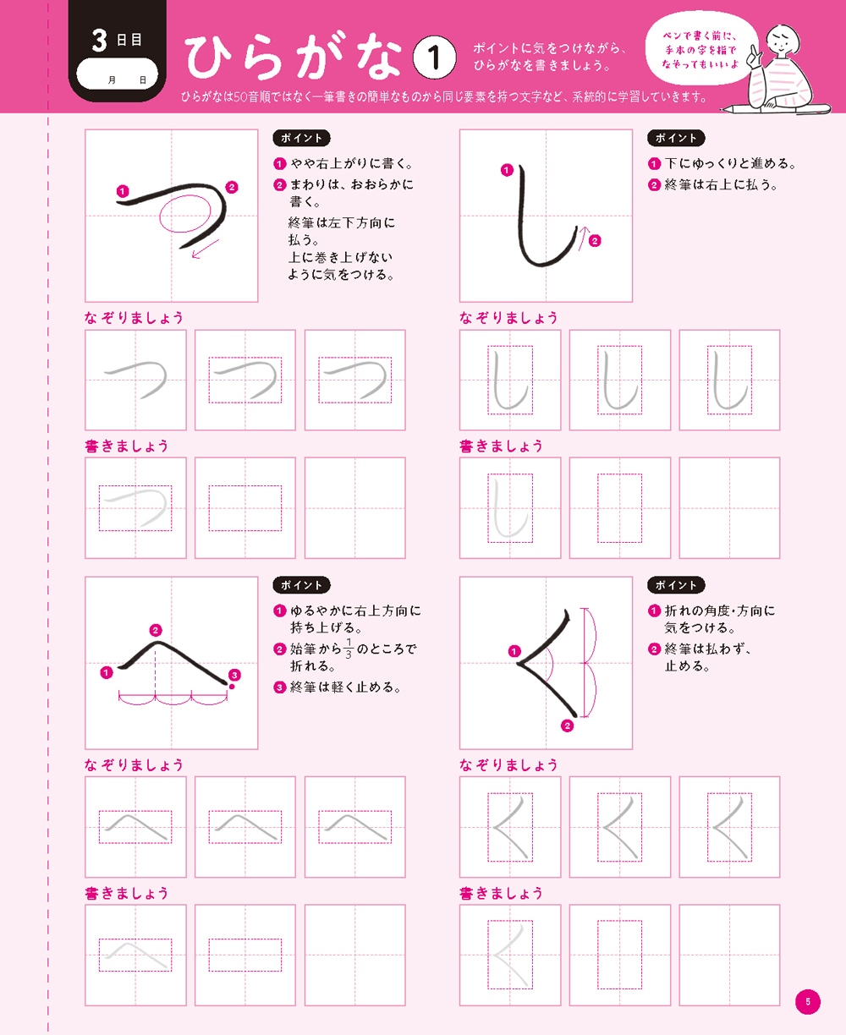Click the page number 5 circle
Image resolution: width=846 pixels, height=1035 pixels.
pyautogui.click(x=808, y=1002)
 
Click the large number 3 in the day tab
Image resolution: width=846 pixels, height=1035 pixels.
pyautogui.click(x=101, y=40)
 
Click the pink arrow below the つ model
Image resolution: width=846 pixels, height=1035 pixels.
pyautogui.click(x=205, y=248)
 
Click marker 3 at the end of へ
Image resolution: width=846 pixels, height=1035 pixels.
pyautogui.click(x=234, y=675)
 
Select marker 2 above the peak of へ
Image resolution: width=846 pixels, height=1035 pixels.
pyautogui.click(x=155, y=630)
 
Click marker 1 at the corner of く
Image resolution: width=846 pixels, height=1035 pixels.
pyautogui.click(x=514, y=651)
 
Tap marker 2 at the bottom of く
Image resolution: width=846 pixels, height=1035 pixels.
pyautogui.click(x=567, y=726)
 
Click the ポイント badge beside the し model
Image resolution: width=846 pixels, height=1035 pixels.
pyautogui.click(x=676, y=138)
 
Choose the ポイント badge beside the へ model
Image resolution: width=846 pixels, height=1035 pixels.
pyautogui.click(x=301, y=585)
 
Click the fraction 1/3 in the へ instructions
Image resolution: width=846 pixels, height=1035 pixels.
pyautogui.click(x=349, y=649)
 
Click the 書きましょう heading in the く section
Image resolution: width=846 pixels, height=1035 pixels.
pyautogui.click(x=501, y=893)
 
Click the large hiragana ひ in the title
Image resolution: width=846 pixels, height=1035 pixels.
pyautogui.click(x=211, y=59)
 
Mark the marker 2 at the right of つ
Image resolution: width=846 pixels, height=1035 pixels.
pyautogui.click(x=232, y=188)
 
